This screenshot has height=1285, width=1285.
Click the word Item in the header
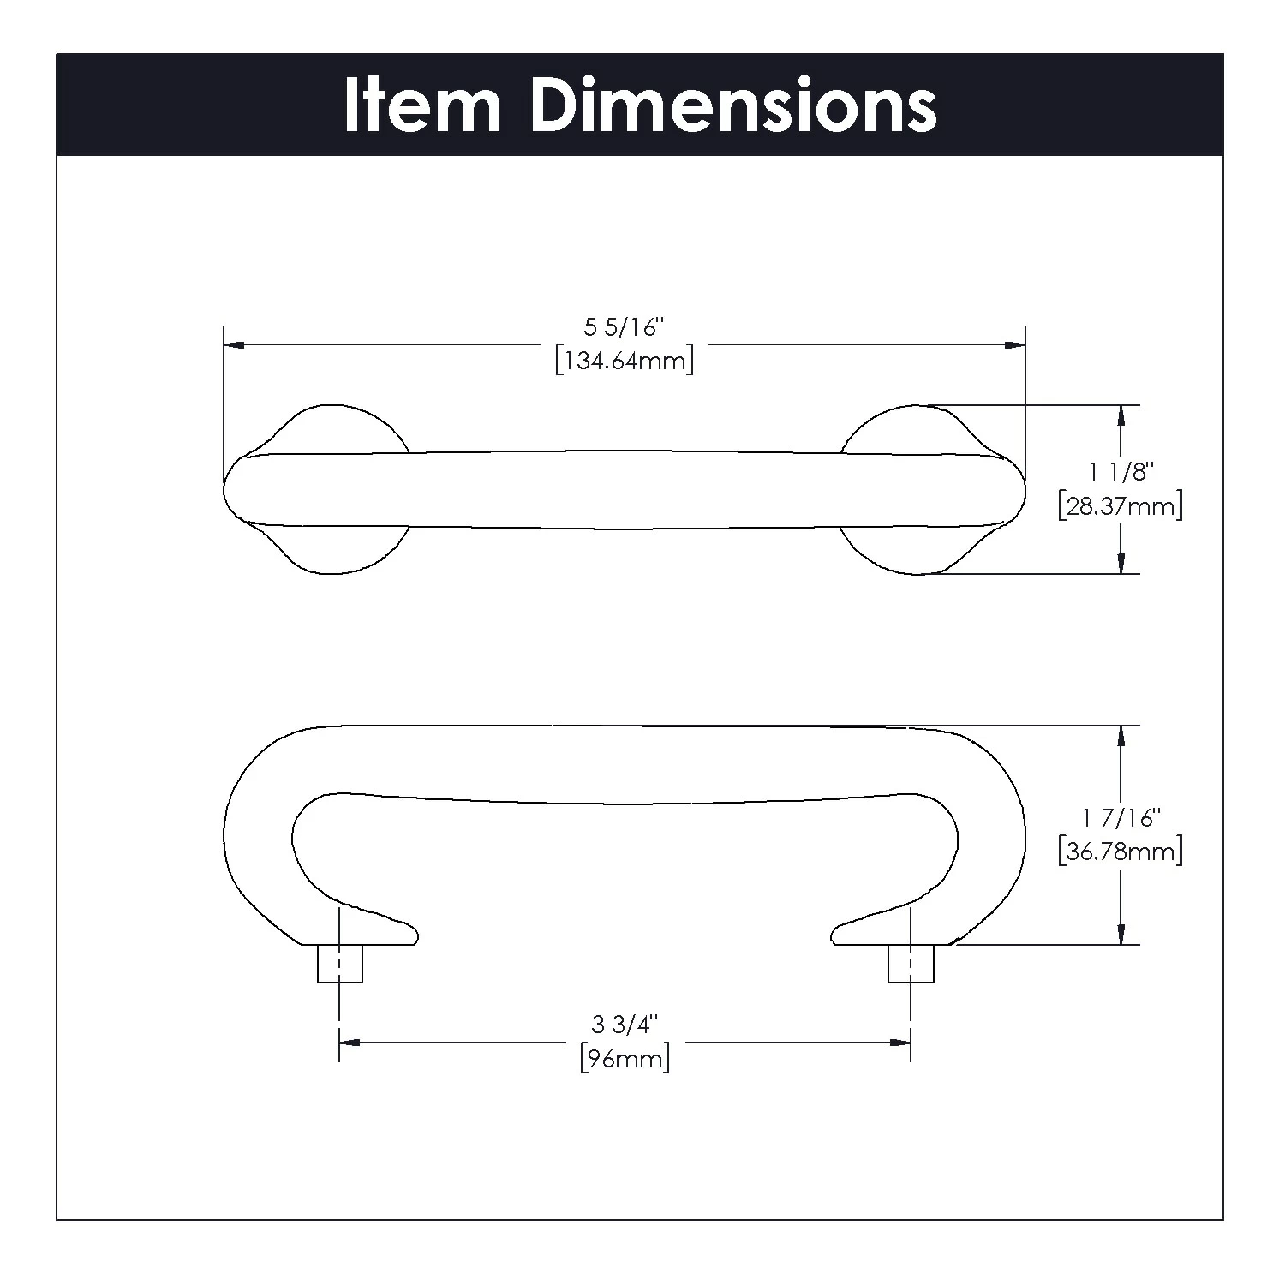[422, 105]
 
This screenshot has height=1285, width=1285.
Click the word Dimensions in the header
[733, 105]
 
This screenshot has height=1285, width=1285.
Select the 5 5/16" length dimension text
[625, 327]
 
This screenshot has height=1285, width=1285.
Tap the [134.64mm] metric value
[625, 361]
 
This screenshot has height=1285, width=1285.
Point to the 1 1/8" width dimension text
[1121, 472]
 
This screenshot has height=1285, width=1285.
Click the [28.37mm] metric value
[1121, 506]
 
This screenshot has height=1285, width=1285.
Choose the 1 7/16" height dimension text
[1121, 818]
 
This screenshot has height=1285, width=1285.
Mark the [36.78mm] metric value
[1121, 852]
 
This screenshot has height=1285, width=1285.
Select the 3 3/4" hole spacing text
[625, 1025]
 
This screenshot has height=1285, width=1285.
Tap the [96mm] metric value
[625, 1059]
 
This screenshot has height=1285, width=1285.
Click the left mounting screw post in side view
[340, 963]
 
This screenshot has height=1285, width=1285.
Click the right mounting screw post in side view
[911, 963]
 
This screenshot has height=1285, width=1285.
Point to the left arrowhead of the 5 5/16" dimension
[234, 345]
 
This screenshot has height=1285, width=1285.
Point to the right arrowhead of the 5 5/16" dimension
[1015, 345]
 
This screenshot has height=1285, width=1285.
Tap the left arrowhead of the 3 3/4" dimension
[350, 1043]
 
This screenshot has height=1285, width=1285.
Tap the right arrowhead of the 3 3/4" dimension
[900, 1043]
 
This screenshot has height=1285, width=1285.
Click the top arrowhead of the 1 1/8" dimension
[1121, 415]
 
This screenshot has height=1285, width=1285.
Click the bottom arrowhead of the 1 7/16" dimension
[1121, 935]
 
